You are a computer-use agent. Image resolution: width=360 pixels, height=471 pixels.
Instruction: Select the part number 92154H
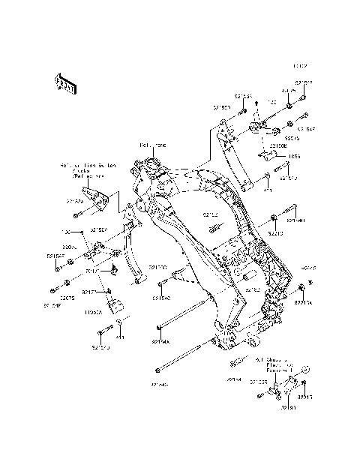[295, 221]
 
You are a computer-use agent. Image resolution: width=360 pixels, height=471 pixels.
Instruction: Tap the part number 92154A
[161, 341]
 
